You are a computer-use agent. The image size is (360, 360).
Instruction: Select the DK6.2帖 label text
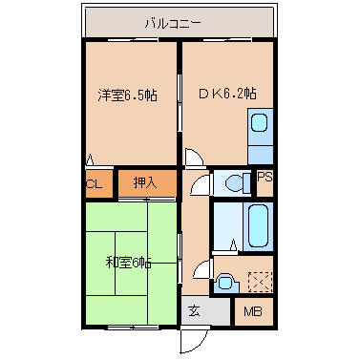227,94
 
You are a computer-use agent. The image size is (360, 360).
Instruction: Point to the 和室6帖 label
127,262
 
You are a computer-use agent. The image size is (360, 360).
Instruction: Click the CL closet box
95,183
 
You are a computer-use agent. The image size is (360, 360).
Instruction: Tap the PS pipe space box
265,179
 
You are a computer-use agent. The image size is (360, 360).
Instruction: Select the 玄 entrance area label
194,310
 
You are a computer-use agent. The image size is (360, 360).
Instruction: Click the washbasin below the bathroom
225,280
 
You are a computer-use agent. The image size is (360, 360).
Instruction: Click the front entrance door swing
194,338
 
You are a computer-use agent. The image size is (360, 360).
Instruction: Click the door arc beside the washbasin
202,269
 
